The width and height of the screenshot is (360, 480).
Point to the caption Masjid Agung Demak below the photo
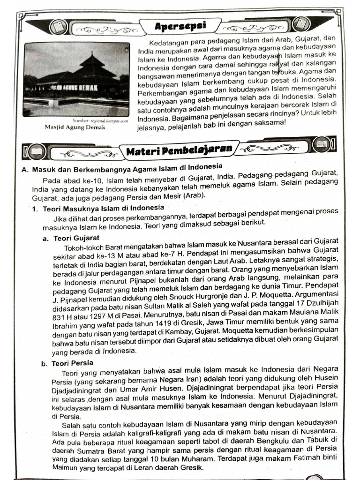[75, 127]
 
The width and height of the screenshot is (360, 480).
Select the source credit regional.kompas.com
[107, 121]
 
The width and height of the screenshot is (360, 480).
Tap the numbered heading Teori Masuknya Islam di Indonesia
[103, 208]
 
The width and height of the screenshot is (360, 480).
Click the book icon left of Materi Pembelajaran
[36, 151]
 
